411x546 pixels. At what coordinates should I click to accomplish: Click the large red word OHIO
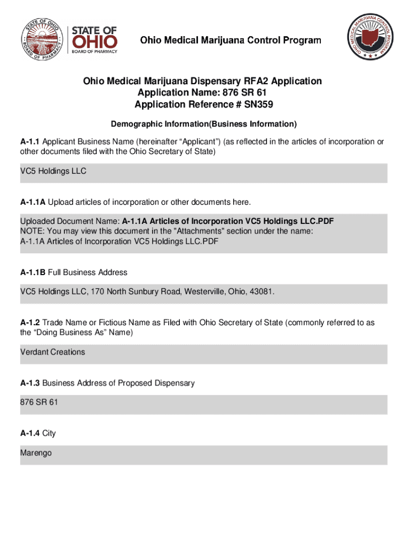pos(94,42)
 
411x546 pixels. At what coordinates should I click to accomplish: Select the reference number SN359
pos(258,105)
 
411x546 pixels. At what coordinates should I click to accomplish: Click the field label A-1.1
pos(30,142)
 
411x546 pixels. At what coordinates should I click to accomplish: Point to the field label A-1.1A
pos(33,202)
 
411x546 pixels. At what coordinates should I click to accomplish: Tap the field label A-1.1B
pos(33,272)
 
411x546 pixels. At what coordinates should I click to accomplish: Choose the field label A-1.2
pos(30,323)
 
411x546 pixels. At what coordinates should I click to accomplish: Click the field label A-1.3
pos(30,383)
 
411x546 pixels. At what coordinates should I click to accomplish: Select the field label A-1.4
pos(30,433)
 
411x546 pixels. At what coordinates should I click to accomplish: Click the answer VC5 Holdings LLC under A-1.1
pos(53,172)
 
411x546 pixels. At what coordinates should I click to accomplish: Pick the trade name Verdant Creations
pos(52,352)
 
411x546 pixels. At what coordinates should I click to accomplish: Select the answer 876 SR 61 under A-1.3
pos(39,402)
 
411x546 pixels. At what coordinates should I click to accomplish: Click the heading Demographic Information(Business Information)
pos(203,124)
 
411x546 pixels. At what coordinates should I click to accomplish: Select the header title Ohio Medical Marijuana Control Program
pos(231,40)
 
